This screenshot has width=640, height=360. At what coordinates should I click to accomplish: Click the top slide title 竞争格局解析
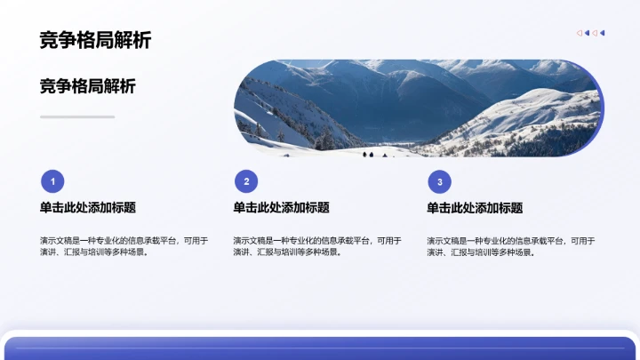click(95, 40)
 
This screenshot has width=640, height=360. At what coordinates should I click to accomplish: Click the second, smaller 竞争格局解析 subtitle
click(88, 86)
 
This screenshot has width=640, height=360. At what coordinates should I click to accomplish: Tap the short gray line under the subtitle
click(77, 116)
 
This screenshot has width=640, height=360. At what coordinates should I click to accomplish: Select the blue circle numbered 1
click(52, 182)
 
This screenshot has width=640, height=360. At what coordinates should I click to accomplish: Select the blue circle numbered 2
click(246, 182)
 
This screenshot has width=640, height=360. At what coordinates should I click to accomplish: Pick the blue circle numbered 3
click(439, 182)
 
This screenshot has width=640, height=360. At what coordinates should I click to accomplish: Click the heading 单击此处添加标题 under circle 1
click(87, 208)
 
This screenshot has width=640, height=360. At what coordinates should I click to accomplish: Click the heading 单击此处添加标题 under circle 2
click(281, 208)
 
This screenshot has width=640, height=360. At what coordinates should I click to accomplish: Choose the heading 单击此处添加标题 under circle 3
click(475, 208)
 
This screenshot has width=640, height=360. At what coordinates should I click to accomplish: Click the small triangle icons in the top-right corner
click(591, 33)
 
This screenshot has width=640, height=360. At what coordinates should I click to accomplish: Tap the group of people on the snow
click(373, 154)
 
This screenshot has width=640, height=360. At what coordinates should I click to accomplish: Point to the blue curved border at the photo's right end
click(602, 108)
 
